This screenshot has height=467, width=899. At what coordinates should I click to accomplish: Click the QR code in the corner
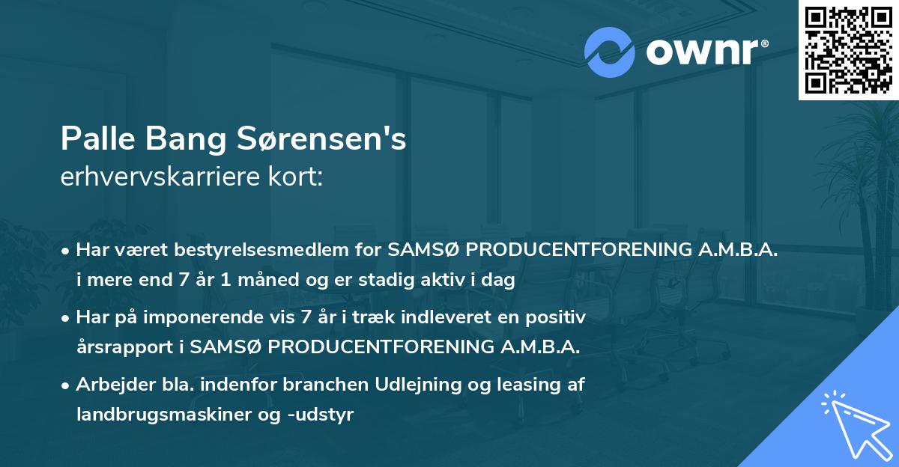click(x=848, y=49)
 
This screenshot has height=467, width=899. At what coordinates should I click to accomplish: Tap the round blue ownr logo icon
click(x=610, y=52)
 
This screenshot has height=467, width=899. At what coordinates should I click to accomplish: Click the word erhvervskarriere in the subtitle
click(x=152, y=176)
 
